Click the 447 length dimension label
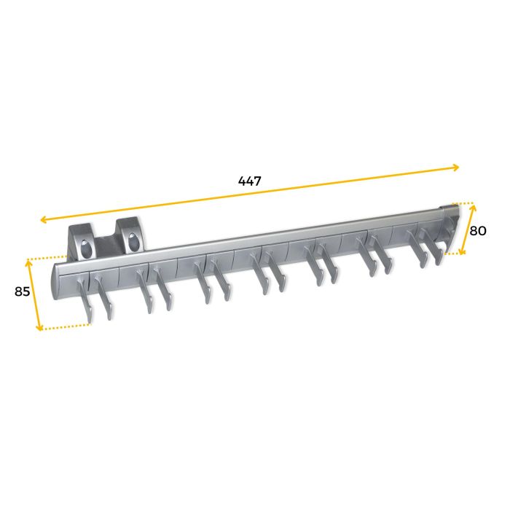(x=249, y=181)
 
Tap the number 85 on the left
(x=23, y=291)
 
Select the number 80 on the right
(x=477, y=230)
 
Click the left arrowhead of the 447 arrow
(x=44, y=219)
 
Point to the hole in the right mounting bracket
(x=133, y=240)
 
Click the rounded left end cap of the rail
(x=55, y=280)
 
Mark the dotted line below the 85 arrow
(x=66, y=327)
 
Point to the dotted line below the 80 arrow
(x=453, y=254)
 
